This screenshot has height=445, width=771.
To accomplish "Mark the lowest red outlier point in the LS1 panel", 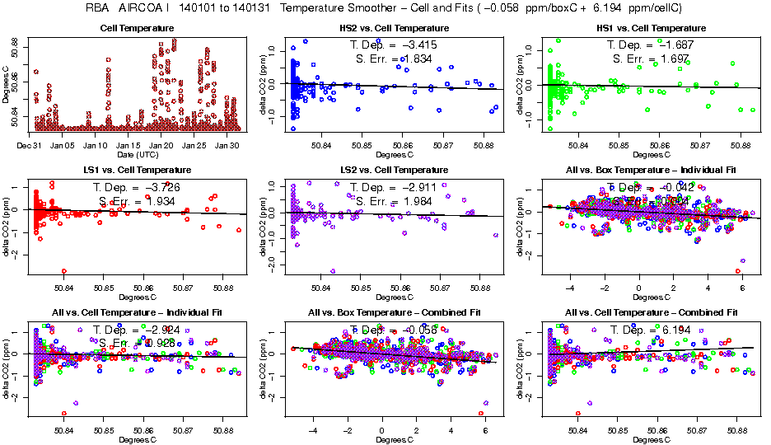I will tap(64, 271).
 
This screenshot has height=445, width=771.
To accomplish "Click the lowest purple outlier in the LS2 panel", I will tap(333, 270).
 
